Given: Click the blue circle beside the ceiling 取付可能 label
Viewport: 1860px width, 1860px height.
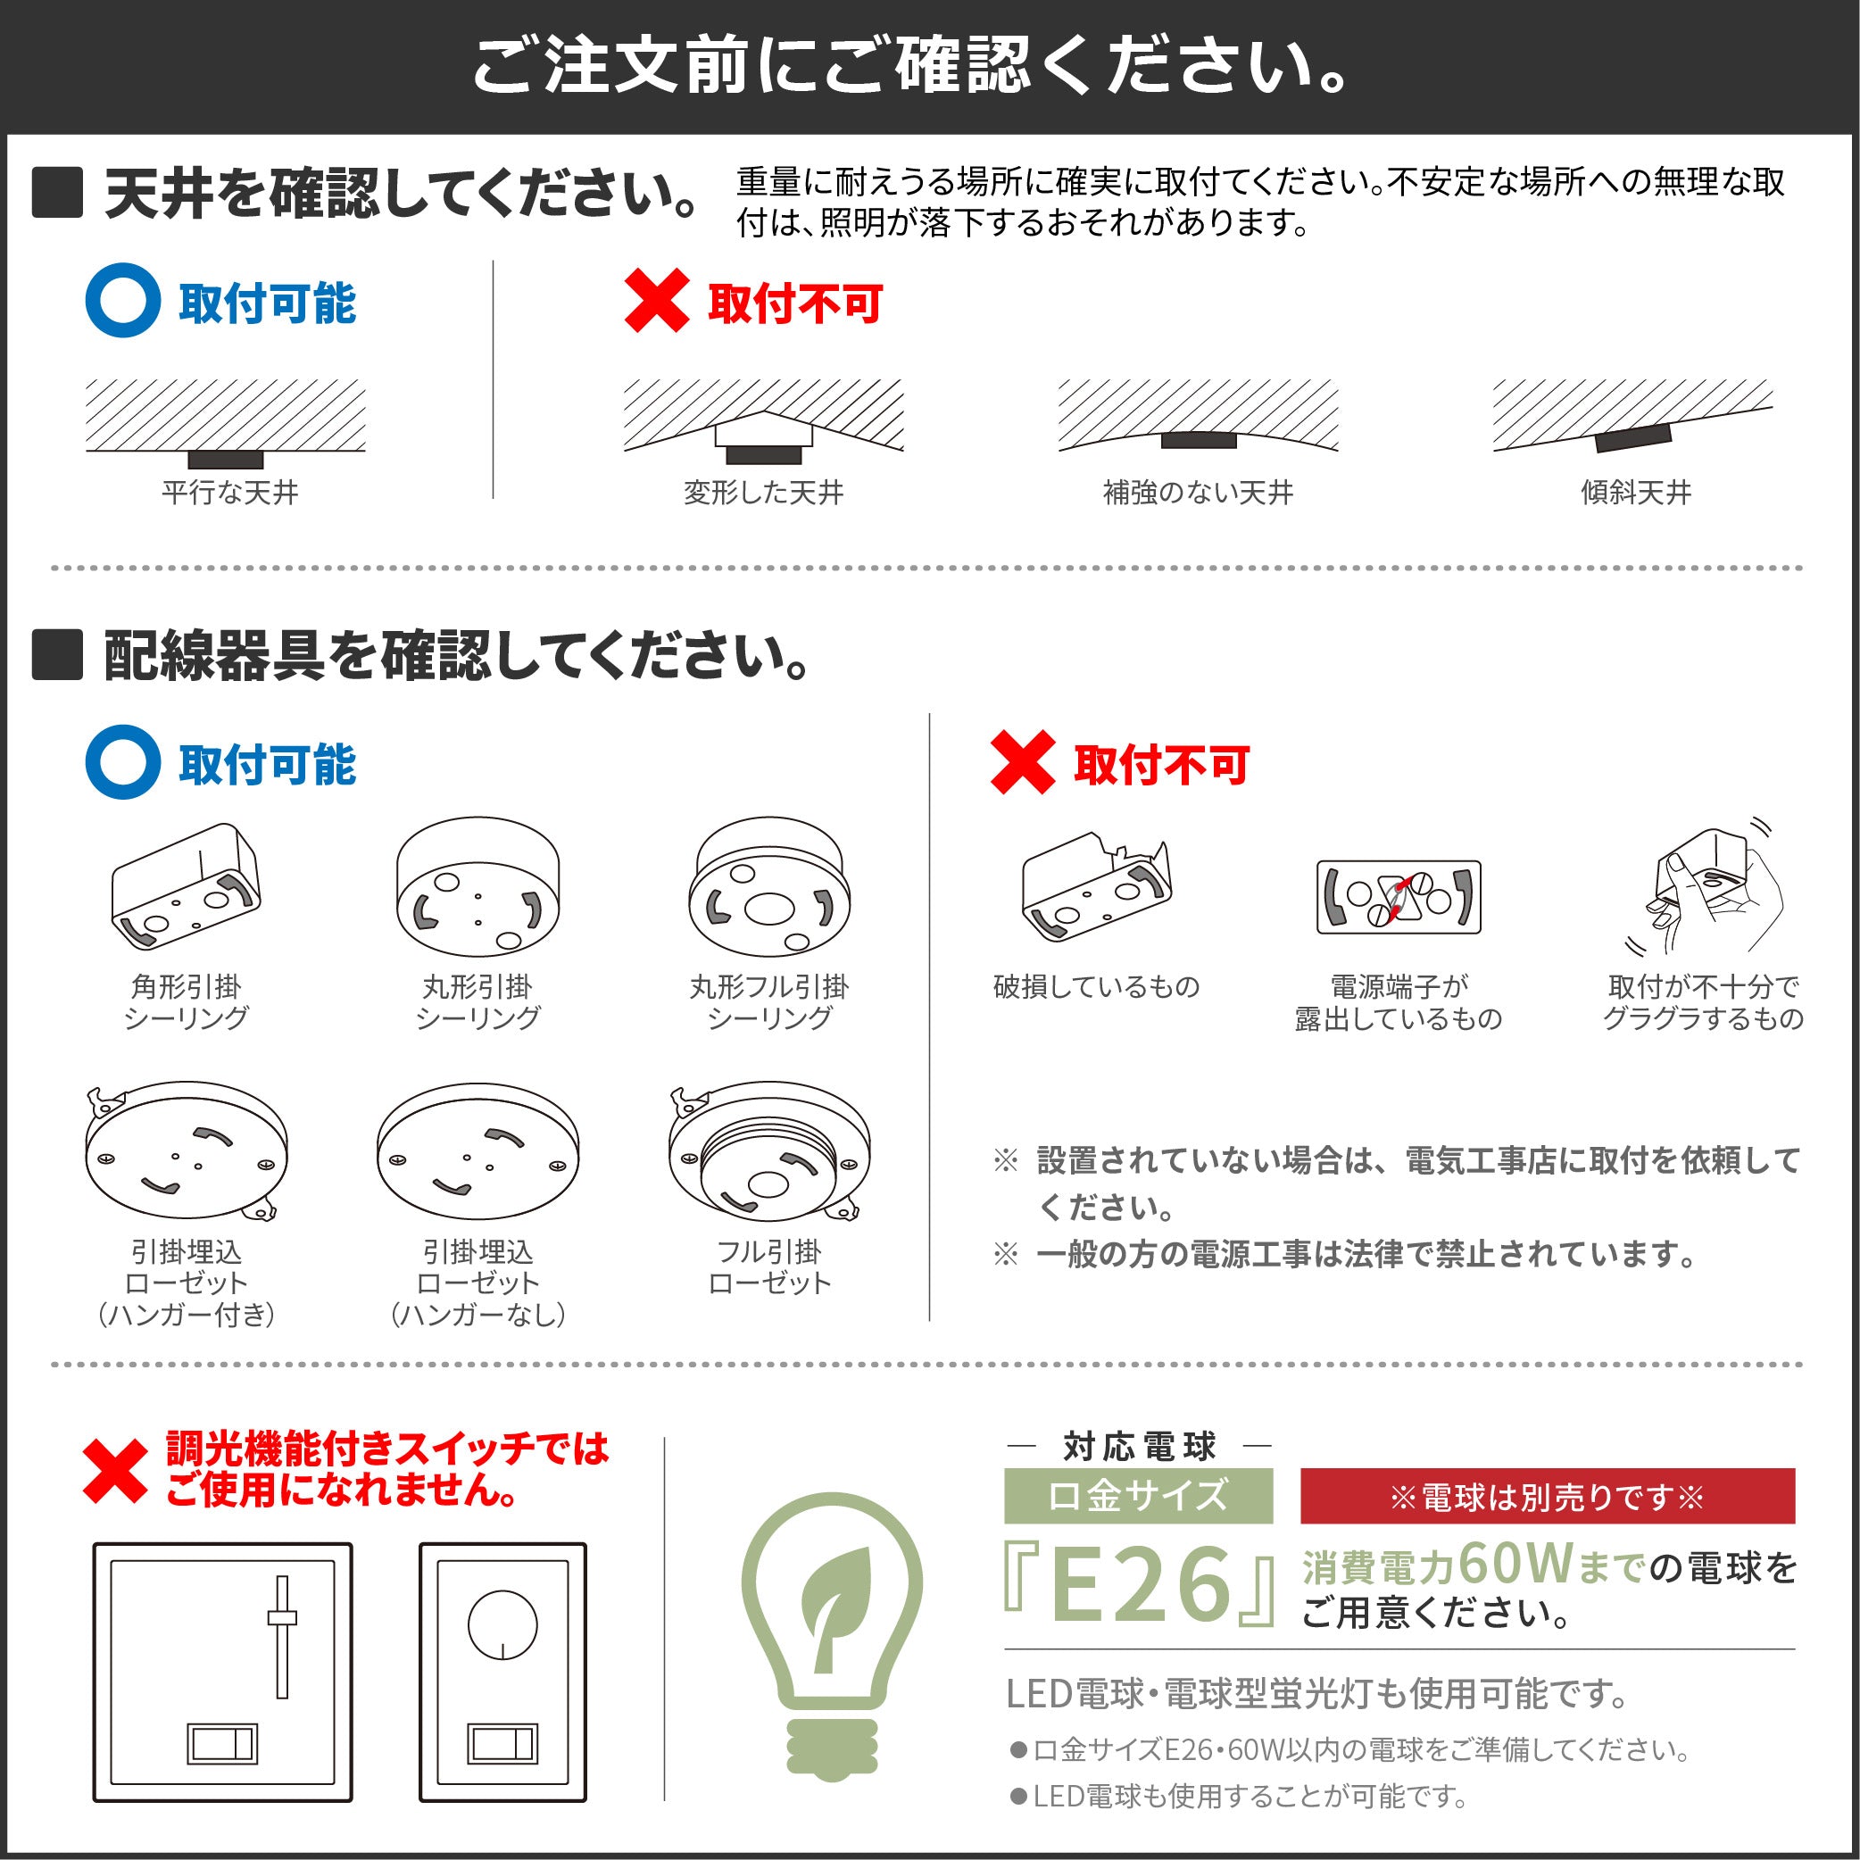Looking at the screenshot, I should [x=122, y=301].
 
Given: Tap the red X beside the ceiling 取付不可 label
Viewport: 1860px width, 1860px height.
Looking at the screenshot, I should [x=657, y=301].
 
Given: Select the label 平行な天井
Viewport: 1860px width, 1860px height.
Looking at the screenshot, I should [x=229, y=493].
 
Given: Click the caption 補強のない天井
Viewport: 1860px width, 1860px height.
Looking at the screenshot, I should [x=1198, y=493].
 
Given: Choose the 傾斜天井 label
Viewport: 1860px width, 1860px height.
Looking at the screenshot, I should [x=1636, y=493].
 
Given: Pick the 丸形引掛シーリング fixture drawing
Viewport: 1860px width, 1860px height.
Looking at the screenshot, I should [x=477, y=886].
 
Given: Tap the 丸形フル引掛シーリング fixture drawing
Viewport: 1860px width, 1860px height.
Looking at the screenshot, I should [x=768, y=886].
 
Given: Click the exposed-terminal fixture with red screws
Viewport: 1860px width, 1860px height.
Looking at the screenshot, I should [x=1398, y=896].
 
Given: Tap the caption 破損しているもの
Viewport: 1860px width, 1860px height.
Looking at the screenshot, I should [x=1097, y=987].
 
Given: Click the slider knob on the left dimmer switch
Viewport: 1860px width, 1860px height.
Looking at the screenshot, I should [x=282, y=1618].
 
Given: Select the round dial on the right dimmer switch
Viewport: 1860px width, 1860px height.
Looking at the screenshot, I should [x=502, y=1624].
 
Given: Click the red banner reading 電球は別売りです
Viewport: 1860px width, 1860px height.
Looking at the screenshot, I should [x=1546, y=1497].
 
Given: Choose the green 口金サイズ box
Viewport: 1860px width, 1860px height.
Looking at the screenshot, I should [x=1138, y=1496].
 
